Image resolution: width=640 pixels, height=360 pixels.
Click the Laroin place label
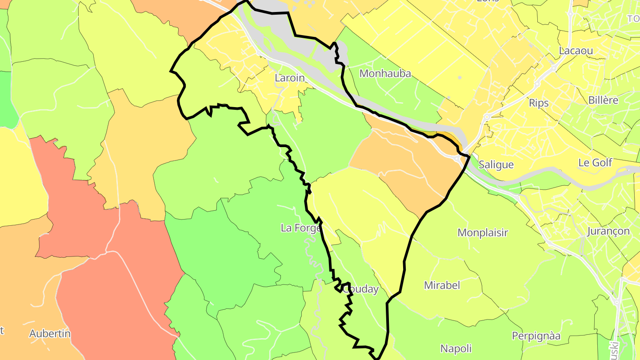290,78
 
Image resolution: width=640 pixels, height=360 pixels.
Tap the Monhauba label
385,73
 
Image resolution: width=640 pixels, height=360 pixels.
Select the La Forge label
301,228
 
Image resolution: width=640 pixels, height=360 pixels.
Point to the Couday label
360,289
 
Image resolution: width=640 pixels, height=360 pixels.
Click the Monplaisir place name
483,232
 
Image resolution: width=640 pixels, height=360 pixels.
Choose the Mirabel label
442,285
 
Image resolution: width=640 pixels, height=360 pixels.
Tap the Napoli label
456,348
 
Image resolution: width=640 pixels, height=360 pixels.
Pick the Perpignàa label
536,336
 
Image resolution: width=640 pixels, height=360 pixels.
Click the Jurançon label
608,231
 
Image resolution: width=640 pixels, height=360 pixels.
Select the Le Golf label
595,163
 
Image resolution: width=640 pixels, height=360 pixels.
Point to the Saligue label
496,165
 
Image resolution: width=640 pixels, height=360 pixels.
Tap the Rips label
539,103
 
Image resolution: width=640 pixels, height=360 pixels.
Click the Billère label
603,100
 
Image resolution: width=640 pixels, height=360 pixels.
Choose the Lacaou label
576,51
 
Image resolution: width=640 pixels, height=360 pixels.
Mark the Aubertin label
50,333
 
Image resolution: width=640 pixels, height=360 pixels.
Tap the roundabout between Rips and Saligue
487,117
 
